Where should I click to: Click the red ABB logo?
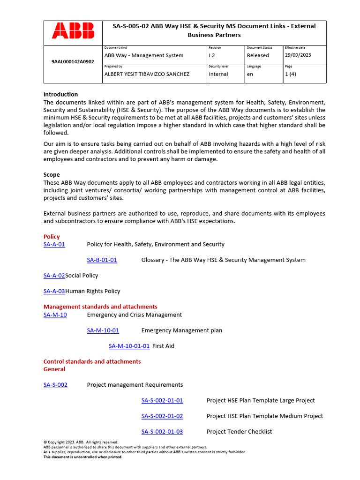click(73, 30)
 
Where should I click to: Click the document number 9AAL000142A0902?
click(73, 61)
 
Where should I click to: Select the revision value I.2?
click(212, 55)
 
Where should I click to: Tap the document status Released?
click(258, 55)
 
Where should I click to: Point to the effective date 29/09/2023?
click(298, 55)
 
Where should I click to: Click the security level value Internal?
click(218, 74)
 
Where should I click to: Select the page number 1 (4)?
click(291, 74)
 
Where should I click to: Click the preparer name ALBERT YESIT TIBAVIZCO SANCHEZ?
click(147, 74)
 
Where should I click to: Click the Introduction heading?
click(60, 94)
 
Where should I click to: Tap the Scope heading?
click(52, 175)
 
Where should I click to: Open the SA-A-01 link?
click(54, 244)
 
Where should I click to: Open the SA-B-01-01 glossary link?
click(102, 260)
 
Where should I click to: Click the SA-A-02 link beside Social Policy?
click(54, 276)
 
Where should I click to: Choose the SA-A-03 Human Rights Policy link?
click(54, 291)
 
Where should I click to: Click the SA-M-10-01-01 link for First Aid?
click(129, 346)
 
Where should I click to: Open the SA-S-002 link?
click(55, 385)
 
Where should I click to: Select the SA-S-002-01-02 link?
click(162, 416)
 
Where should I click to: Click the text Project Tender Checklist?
click(239, 431)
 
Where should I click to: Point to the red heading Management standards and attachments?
click(100, 307)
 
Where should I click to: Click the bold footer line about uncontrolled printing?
click(82, 457)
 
